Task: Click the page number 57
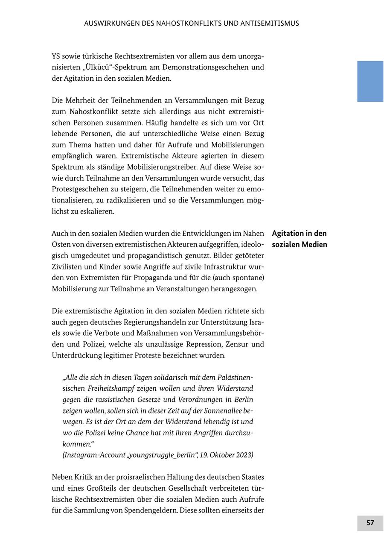pyautogui.click(x=370, y=523)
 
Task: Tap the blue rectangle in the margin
pyautogui.click(x=370, y=81)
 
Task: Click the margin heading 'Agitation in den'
pyautogui.click(x=299, y=233)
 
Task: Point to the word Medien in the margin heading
pyautogui.click(x=314, y=244)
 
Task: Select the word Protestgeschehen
pyautogui.click(x=83, y=189)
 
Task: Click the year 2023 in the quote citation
pyautogui.click(x=244, y=455)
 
